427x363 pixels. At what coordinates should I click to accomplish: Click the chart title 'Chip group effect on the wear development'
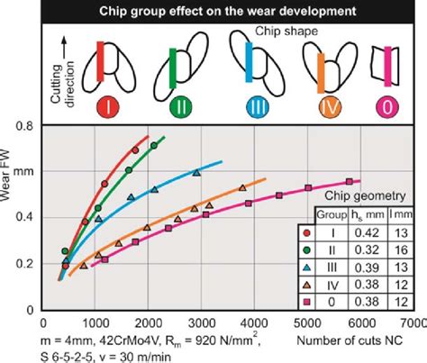point(213,11)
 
